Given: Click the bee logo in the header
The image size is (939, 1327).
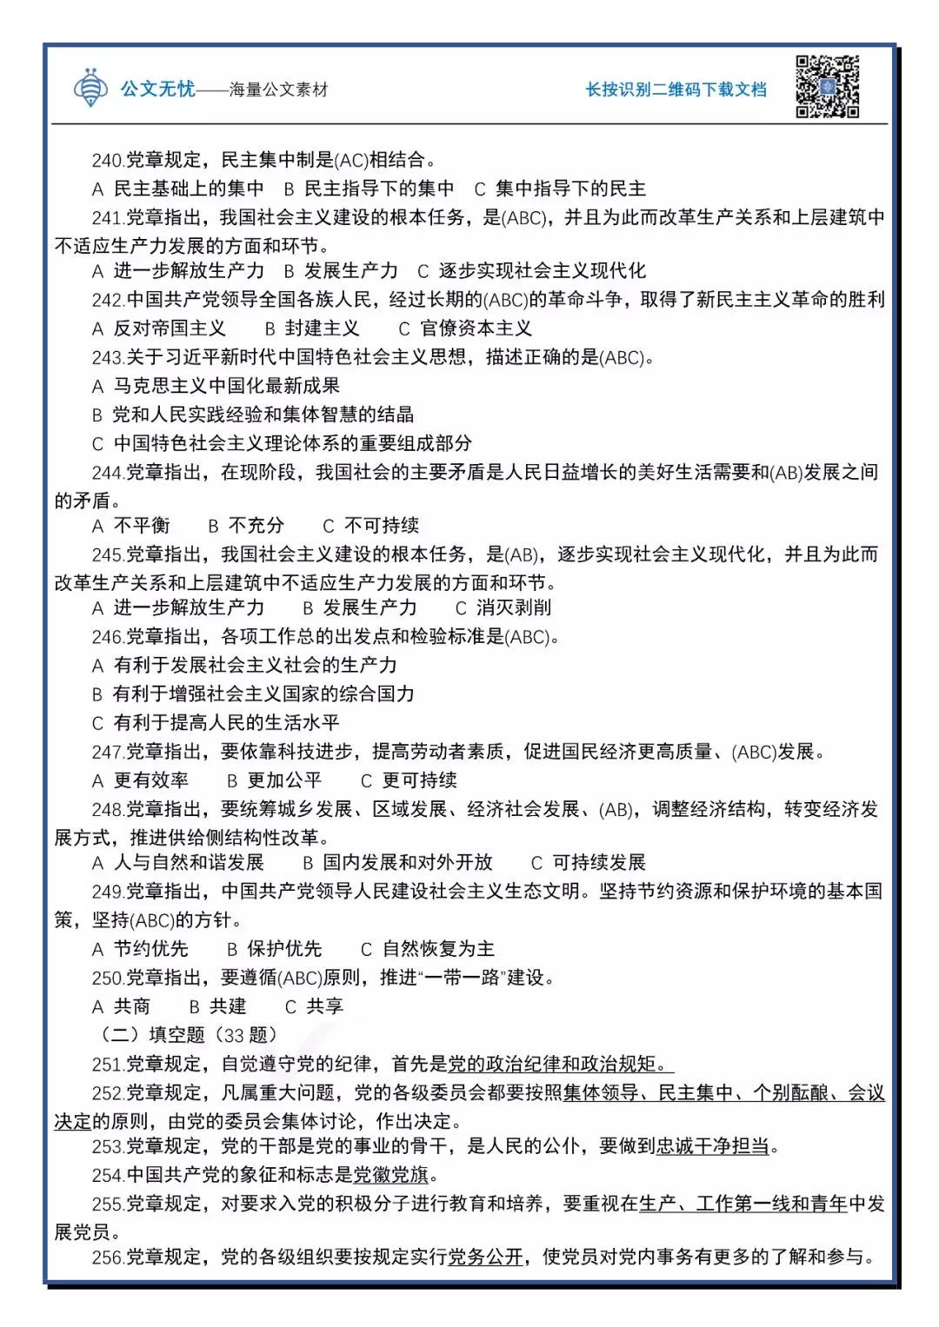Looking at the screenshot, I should pyautogui.click(x=90, y=87).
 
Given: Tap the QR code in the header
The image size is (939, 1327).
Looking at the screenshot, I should pyautogui.click(x=827, y=87).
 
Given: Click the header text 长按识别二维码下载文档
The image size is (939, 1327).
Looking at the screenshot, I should pyautogui.click(x=676, y=90).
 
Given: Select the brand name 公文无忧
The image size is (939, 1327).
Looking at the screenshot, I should pyautogui.click(x=157, y=89).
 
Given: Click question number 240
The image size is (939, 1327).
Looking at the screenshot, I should pyautogui.click(x=108, y=160).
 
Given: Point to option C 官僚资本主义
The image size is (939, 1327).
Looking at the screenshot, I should pyautogui.click(x=465, y=328).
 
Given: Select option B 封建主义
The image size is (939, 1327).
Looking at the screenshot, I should pyautogui.click(x=312, y=328).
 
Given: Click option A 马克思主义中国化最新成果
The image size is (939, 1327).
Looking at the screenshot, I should pyautogui.click(x=216, y=386).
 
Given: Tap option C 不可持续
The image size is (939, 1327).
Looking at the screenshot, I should pyautogui.click(x=371, y=526).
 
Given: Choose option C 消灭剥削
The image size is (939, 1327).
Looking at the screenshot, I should pyautogui.click(x=503, y=607).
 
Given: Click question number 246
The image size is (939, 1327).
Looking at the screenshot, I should pyautogui.click(x=108, y=637).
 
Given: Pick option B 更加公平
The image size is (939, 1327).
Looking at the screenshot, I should pyautogui.click(x=275, y=780).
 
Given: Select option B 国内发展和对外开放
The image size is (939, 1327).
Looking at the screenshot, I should pyautogui.click(x=398, y=862).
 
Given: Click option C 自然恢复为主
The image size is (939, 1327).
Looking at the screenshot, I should pyautogui.click(x=428, y=949).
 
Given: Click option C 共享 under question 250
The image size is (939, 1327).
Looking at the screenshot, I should pyautogui.click(x=315, y=1006).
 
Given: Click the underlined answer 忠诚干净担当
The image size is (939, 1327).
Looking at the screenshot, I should pyautogui.click(x=713, y=1146).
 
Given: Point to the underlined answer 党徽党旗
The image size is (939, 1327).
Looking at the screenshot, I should pyautogui.click(x=391, y=1176).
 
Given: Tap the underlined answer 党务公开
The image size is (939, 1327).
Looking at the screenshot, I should pyautogui.click(x=485, y=1257).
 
